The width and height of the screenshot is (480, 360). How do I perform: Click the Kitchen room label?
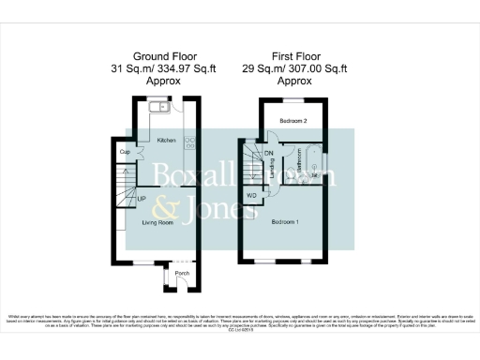[167, 141]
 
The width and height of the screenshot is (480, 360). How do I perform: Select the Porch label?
[182, 274]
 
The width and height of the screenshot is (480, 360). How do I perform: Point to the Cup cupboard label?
[125, 151]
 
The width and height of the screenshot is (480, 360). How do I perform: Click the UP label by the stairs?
[142, 200]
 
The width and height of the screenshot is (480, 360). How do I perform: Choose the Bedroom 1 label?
[285, 222]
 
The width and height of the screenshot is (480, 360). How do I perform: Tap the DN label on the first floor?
[268, 153]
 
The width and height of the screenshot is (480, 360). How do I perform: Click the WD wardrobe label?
[251, 195]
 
